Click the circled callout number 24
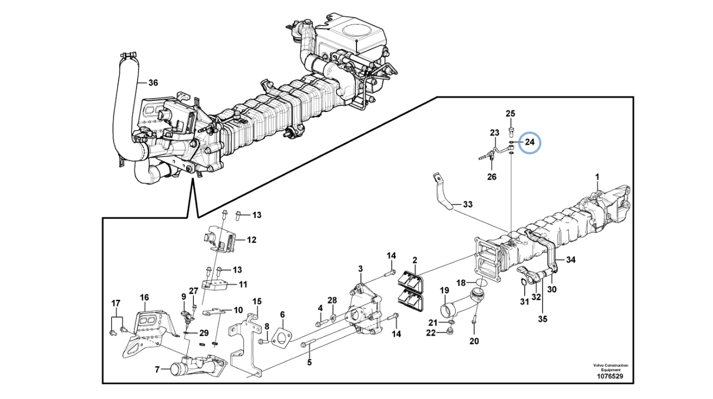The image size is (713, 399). pos(530,142)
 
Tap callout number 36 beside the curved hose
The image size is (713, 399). pos(153,83)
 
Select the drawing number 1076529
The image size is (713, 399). pos(610,376)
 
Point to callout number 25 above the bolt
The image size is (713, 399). pos(510,113)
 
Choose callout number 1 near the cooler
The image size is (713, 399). pos(597,177)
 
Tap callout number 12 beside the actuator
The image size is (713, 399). pos(251,240)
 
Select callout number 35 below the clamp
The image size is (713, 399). pos(543,319)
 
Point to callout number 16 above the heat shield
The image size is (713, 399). pos(144,298)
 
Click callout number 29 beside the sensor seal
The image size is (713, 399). pos(204,333)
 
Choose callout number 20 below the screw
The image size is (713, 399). pos(474,341)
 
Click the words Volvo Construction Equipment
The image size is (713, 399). pos(611,367)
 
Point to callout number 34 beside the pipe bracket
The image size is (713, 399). pos(571,260)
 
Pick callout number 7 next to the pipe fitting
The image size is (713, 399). pos(157,369)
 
